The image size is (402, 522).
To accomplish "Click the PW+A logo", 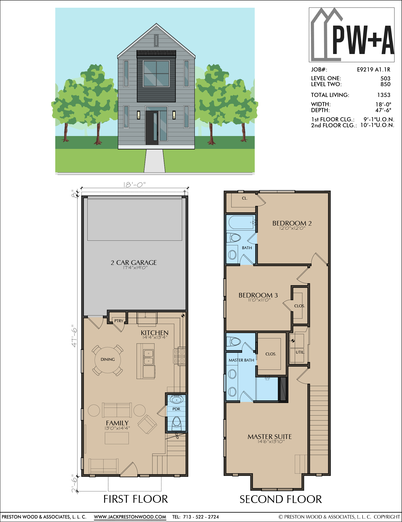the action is click(351, 35).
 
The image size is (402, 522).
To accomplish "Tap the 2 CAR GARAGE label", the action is click(134, 263).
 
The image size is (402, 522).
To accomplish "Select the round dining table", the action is click(108, 360).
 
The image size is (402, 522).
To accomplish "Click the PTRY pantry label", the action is click(119, 321).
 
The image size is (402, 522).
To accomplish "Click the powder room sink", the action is click(177, 400).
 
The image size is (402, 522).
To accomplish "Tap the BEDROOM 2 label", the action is click(292, 223).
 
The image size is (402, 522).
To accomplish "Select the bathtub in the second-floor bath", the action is click(241, 222).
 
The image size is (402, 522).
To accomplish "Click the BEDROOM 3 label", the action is click(258, 295).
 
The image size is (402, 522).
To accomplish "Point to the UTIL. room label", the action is click(300, 352).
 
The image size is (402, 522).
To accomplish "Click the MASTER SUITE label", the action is click(270, 437).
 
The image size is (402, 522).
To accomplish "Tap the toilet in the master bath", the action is click(233, 342).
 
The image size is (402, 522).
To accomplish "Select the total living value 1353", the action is click(384, 95).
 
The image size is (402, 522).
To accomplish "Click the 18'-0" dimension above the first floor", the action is click(134, 185).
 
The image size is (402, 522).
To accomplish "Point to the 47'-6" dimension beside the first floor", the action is click(74, 336).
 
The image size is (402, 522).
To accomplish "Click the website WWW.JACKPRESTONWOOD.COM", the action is click(130, 517).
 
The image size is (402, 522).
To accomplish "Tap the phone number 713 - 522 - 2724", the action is click(201, 517).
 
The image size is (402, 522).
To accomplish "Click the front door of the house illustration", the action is click(152, 128).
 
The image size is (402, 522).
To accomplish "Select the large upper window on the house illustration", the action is click(156, 74).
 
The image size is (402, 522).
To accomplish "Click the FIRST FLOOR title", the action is click(135, 499).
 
